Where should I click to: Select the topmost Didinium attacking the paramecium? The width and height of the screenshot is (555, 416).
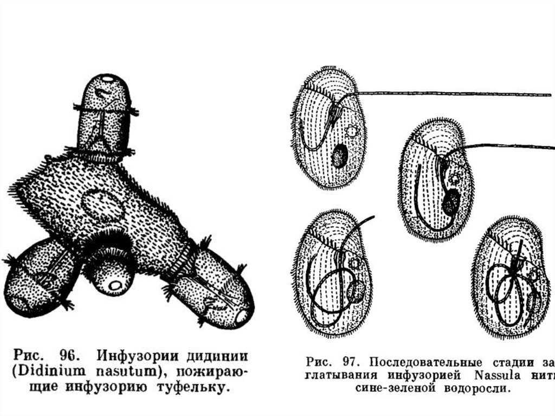(105, 117)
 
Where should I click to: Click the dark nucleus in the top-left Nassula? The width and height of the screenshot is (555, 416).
(339, 156)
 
